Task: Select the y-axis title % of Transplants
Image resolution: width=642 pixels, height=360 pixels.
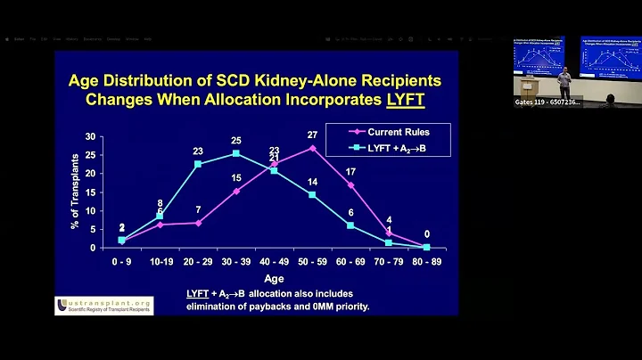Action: [76, 191]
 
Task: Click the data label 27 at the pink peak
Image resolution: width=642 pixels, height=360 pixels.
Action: [313, 135]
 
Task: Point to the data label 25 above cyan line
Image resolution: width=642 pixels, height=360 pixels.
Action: [235, 141]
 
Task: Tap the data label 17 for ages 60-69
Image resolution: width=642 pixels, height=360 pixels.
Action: [350, 171]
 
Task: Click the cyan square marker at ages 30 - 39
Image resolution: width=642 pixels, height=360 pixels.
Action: [235, 153]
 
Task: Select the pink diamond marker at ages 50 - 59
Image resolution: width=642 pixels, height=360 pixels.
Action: [312, 148]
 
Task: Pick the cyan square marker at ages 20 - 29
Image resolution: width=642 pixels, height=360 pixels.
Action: [198, 164]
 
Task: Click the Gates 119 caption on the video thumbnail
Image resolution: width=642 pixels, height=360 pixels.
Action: [547, 102]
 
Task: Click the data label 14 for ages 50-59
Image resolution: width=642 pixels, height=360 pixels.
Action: [313, 183]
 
